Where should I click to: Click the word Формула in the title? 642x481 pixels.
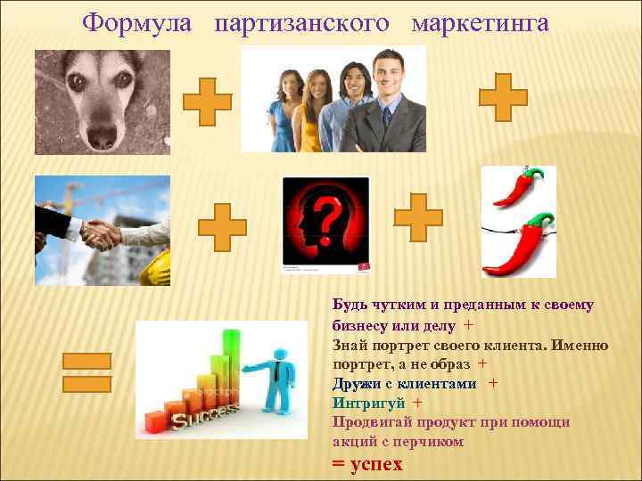[136, 23]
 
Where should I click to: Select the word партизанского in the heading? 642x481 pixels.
[301, 23]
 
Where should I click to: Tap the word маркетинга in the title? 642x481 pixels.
[480, 23]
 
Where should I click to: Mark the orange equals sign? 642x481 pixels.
[86, 372]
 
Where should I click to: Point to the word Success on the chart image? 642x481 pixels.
[206, 415]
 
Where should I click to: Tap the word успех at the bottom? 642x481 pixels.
[376, 463]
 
